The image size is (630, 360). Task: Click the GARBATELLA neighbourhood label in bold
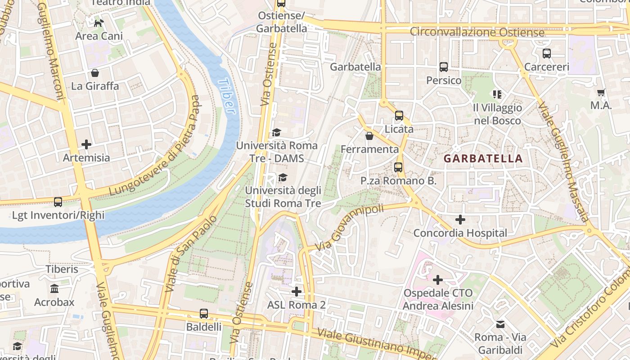pyautogui.click(x=483, y=158)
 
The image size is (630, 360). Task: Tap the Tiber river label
pyautogui.click(x=227, y=96)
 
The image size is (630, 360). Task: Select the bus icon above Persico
pyautogui.click(x=444, y=67)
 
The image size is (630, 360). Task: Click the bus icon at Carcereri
pyautogui.click(x=547, y=54)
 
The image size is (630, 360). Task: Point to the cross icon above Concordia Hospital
pyautogui.click(x=460, y=220)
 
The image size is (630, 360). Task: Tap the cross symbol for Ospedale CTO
pyautogui.click(x=437, y=280)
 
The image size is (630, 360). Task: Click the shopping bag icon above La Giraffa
pyautogui.click(x=95, y=72)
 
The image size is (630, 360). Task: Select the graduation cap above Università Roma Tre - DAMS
pyautogui.click(x=276, y=132)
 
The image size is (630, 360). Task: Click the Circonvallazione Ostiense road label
pyautogui.click(x=477, y=32)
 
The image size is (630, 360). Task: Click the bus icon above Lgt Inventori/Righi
pyautogui.click(x=58, y=202)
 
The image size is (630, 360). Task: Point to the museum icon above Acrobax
pyautogui.click(x=54, y=288)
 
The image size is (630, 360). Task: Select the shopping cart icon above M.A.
pyautogui.click(x=601, y=93)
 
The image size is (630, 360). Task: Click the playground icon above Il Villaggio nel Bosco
pyautogui.click(x=497, y=94)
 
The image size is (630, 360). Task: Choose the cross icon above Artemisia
pyautogui.click(x=86, y=144)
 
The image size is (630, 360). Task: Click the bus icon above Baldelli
pyautogui.click(x=204, y=313)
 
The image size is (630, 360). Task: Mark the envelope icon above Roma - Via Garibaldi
pyautogui.click(x=500, y=324)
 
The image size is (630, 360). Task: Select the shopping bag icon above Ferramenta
pyautogui.click(x=369, y=135)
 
